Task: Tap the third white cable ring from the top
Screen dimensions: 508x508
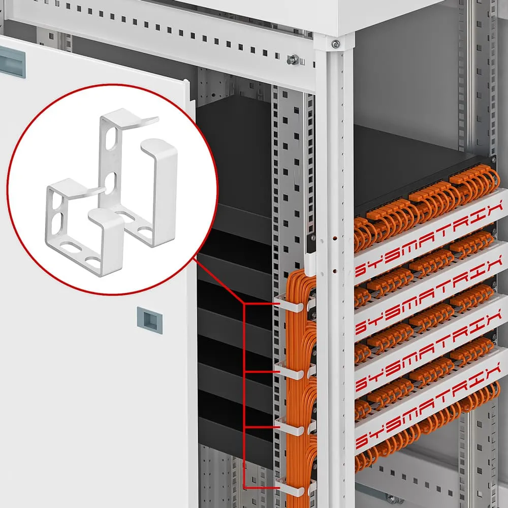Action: (291, 427)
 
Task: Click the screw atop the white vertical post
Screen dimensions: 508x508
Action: (335, 45)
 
